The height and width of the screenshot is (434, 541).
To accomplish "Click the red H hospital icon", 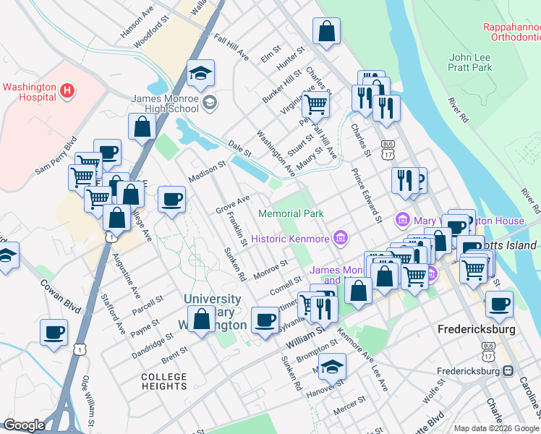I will (x=67, y=90).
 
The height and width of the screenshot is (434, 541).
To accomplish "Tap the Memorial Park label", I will (x=291, y=213).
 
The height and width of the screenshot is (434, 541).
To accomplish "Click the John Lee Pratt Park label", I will (x=470, y=62).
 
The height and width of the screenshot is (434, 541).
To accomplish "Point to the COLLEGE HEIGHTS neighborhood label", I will (x=164, y=381).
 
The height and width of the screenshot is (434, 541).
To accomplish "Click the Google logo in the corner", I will (x=24, y=425).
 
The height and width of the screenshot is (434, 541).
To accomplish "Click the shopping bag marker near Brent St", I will (x=200, y=318).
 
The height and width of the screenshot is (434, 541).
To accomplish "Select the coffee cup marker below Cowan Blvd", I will (x=54, y=332).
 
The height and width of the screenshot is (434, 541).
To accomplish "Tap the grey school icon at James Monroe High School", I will (x=209, y=102).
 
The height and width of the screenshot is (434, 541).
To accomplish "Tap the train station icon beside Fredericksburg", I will (x=508, y=370).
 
